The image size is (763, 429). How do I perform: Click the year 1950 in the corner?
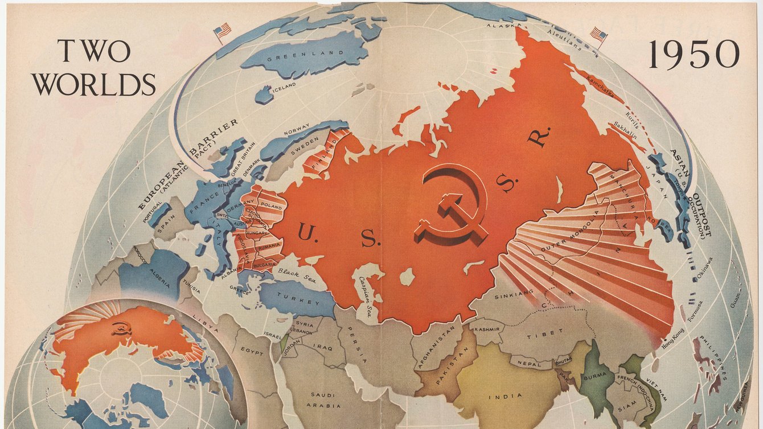694,56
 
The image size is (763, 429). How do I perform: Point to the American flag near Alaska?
598,35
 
